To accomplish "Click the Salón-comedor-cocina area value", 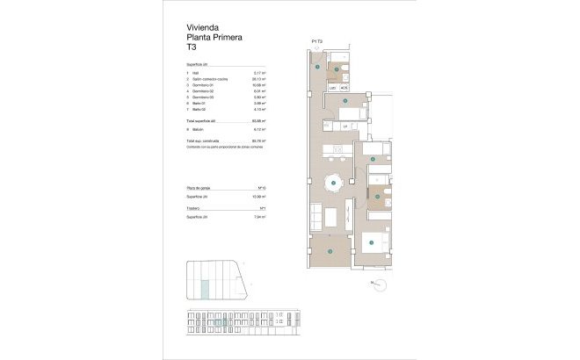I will pos(258,79).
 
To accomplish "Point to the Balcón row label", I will pos(200,128).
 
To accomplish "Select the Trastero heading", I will pos(196,208).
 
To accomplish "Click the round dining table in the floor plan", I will pos(333,184).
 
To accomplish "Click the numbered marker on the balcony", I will pos(330,253).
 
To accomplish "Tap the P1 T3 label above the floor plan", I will pos(318,41).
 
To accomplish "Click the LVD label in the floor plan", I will pos(333,88).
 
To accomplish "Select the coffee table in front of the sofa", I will pos(330,216).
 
